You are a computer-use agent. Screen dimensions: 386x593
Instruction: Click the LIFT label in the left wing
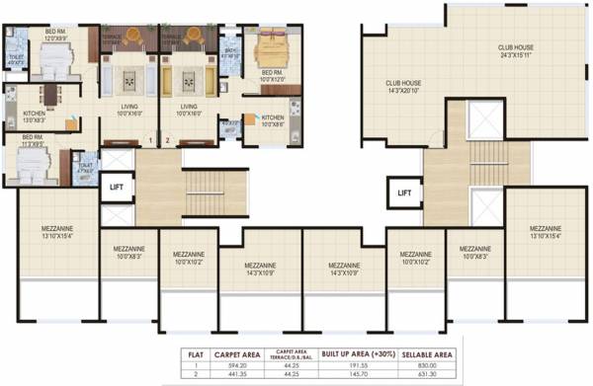(x=117, y=186)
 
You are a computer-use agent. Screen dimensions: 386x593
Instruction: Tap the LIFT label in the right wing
(x=403, y=193)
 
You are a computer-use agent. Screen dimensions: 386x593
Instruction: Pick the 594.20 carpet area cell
(x=236, y=364)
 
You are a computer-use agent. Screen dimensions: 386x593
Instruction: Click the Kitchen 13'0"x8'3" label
(x=35, y=116)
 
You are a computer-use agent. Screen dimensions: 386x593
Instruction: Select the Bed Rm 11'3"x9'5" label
(x=34, y=140)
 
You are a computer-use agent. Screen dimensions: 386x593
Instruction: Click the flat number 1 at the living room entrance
(x=149, y=140)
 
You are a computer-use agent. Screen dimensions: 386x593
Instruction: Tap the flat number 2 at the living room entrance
(x=169, y=140)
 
